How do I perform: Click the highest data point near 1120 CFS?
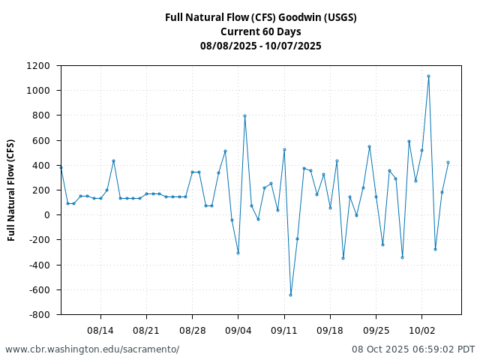428,76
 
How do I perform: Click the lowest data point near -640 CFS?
290,295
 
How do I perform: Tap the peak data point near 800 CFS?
244,115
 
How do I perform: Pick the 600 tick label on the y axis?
44,140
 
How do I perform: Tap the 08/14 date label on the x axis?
100,330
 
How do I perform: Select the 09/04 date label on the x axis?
238,330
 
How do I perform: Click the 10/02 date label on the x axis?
421,330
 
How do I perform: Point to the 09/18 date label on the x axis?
330,330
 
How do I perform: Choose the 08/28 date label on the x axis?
193,330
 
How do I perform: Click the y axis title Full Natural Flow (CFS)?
11,190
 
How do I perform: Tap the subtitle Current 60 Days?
260,31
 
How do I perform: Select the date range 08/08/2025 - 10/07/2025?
260,46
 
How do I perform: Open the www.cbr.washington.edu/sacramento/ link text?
92,349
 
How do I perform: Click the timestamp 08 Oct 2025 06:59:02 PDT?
413,349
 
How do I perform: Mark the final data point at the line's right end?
448,162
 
